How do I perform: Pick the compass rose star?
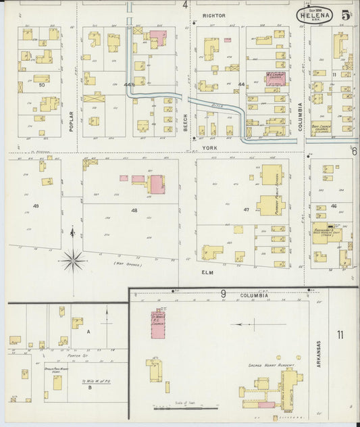73,257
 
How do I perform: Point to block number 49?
35,205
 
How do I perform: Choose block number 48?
134,211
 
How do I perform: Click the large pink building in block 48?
156,183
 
